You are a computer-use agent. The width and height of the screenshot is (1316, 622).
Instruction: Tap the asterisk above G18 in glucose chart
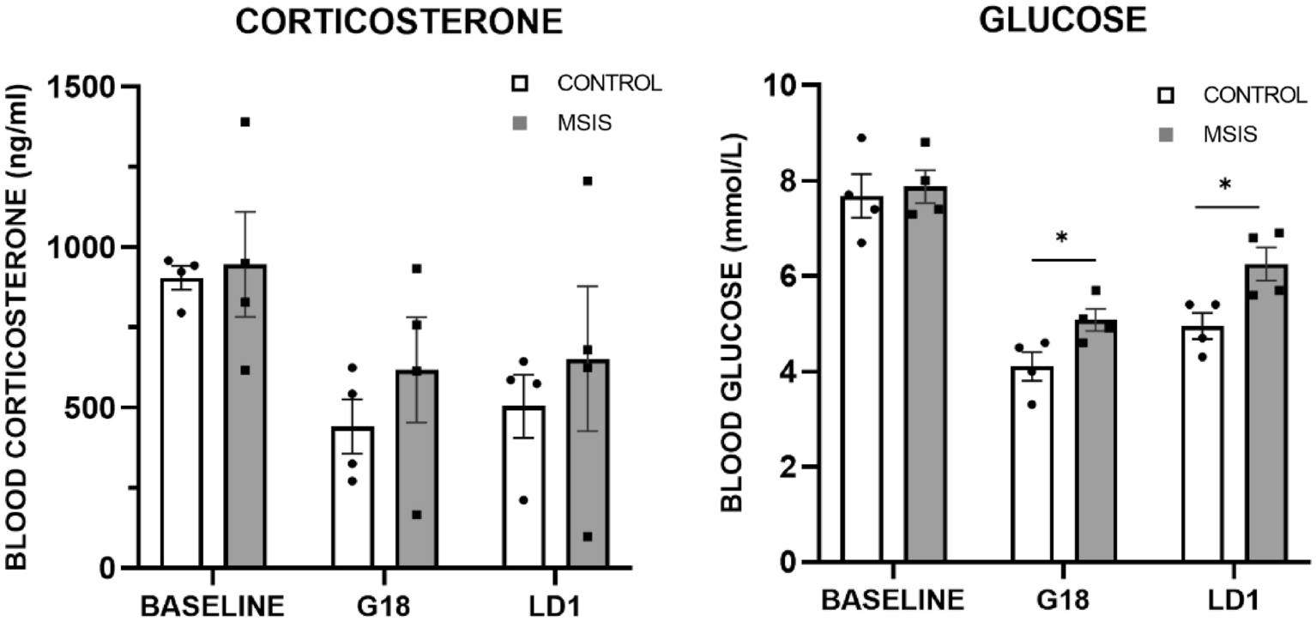pyautogui.click(x=1062, y=238)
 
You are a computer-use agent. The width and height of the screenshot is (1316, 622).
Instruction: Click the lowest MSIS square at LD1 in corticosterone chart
pyautogui.click(x=587, y=537)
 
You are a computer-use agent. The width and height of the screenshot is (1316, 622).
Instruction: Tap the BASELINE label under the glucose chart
pyautogui.click(x=893, y=601)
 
